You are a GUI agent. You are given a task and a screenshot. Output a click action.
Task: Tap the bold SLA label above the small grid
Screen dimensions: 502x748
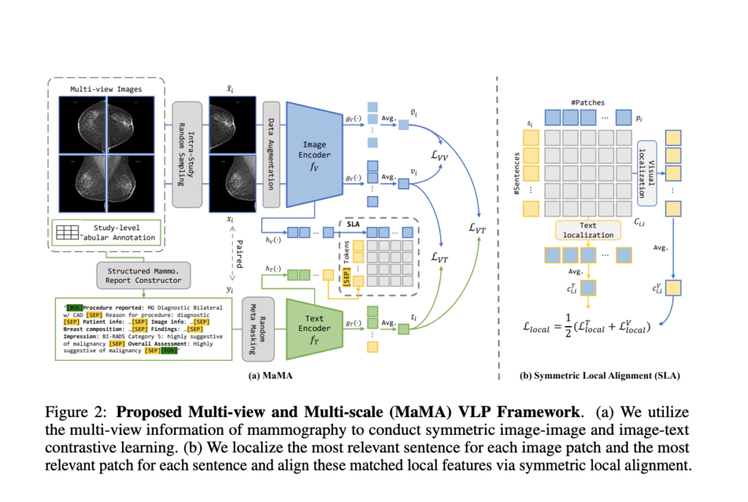pyautogui.click(x=351, y=224)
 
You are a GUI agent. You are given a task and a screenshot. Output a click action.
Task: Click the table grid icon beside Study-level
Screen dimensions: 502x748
pyautogui.click(x=68, y=232)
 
